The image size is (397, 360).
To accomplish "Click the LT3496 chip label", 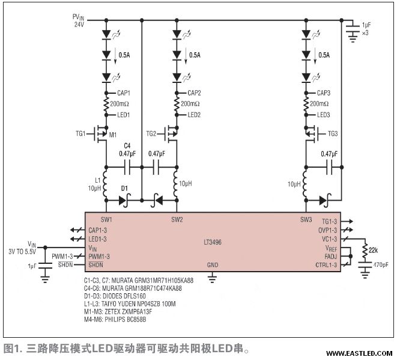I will (x=213, y=243).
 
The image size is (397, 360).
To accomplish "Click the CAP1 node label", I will (x=123, y=93).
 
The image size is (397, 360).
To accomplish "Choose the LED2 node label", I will (x=194, y=115).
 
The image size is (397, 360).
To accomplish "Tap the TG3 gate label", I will (x=333, y=133).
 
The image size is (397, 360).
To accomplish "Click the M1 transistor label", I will (x=113, y=134).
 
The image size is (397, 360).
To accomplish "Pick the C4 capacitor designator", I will (x=127, y=145).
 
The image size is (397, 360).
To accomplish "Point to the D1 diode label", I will (x=124, y=188).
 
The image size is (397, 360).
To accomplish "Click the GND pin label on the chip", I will (x=212, y=264).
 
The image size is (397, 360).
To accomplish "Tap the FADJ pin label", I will (x=330, y=256).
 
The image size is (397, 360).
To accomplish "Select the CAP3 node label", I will (x=324, y=93).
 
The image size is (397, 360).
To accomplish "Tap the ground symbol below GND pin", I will (x=212, y=277).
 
